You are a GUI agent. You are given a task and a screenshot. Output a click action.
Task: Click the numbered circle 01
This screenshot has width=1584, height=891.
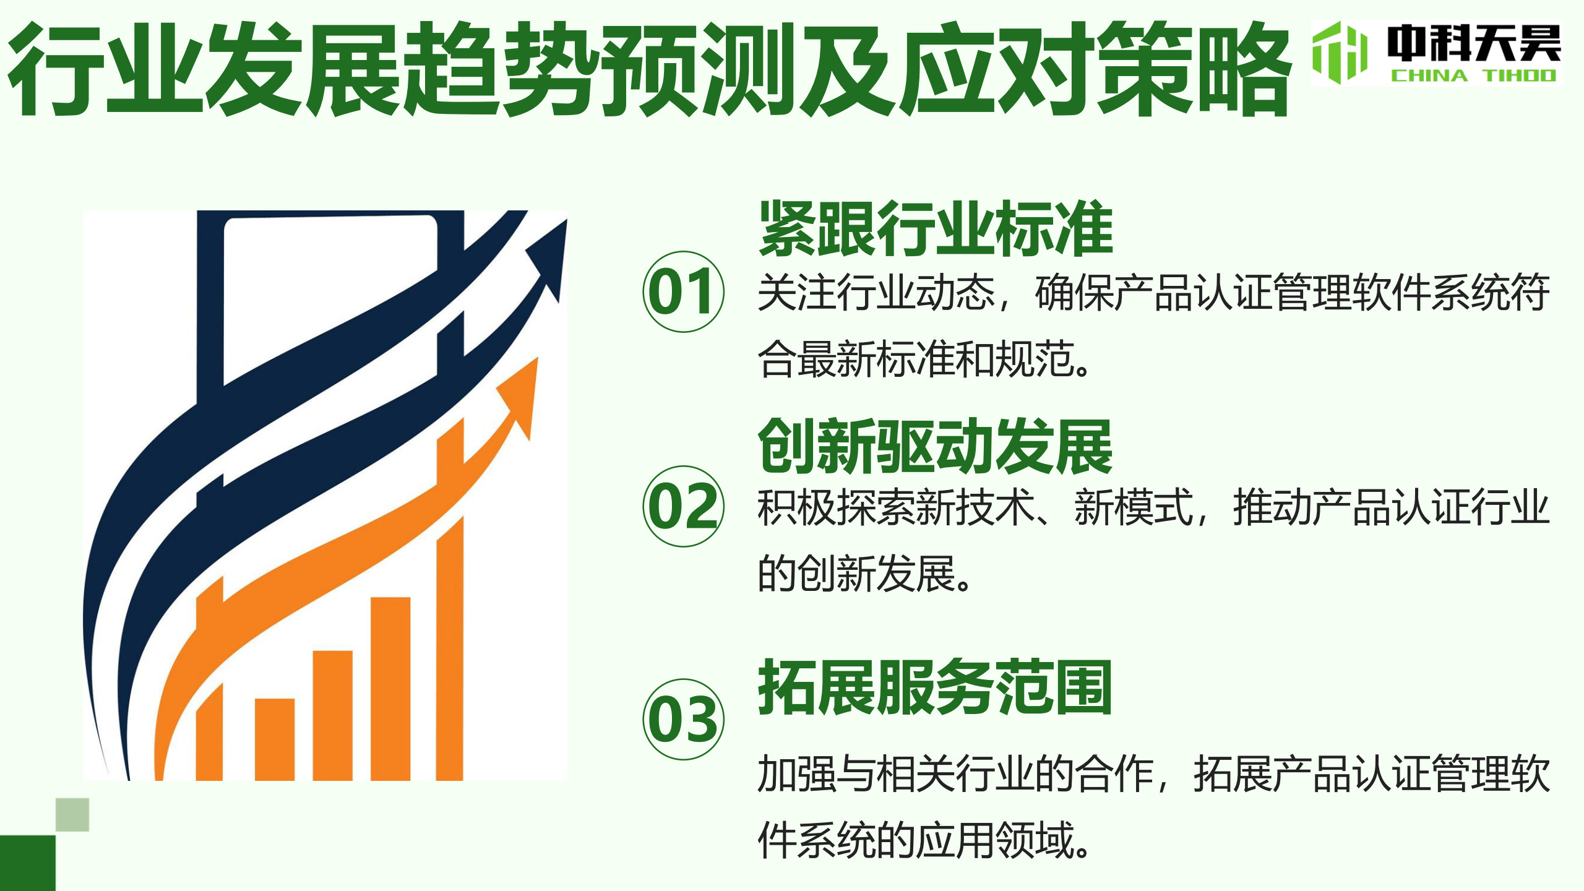[684, 291]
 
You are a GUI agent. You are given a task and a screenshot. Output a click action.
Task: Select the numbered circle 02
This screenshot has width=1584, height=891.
[684, 506]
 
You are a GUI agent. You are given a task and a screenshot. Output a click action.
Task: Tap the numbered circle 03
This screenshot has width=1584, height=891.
[684, 719]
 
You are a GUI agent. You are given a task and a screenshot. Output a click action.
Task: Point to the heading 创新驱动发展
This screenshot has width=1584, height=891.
[936, 445]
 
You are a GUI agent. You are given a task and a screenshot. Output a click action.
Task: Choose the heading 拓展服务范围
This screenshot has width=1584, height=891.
[936, 687]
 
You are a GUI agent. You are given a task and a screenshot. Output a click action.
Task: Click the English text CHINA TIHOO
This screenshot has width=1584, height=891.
[1473, 76]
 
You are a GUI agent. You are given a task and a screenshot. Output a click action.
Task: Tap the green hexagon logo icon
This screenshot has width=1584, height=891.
[1340, 53]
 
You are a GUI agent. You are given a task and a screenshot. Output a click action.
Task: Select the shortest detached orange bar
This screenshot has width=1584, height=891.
[275, 739]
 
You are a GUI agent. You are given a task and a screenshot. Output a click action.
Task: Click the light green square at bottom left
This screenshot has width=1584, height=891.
[72, 815]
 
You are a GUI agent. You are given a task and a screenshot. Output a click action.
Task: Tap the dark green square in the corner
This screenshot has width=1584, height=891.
[28, 863]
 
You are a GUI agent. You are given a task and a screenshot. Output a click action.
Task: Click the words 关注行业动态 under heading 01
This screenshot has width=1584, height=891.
[876, 292]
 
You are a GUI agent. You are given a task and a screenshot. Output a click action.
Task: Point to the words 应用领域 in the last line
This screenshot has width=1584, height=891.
[997, 840]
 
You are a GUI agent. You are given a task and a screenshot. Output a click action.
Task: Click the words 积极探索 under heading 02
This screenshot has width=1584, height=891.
[837, 507]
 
